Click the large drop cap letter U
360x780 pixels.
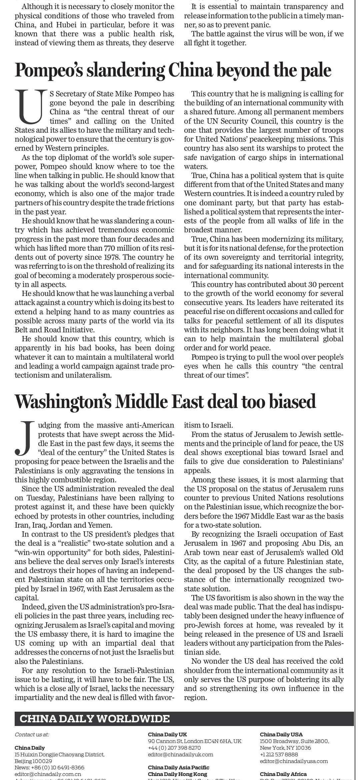click(31, 106)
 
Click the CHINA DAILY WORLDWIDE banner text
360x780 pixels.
click(95, 718)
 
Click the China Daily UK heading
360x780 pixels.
click(167, 734)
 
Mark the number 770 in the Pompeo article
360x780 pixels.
click(110, 248)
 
